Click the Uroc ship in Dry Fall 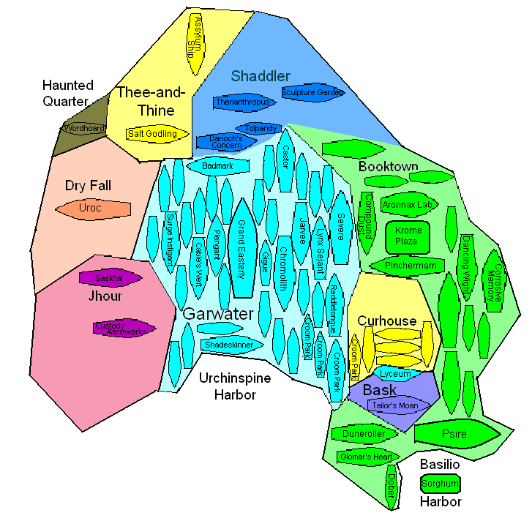pos(93,209)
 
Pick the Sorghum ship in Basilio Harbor pos(441,484)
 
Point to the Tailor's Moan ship pos(393,405)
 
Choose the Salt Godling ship pos(152,134)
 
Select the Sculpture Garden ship pos(312,93)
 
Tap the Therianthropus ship pos(246,102)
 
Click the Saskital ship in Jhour pos(109,278)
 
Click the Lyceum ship pos(396,373)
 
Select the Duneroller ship pos(364,433)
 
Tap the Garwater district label pos(217,314)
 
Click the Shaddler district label pos(261,75)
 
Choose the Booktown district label pos(388,166)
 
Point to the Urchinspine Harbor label pos(235,386)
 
